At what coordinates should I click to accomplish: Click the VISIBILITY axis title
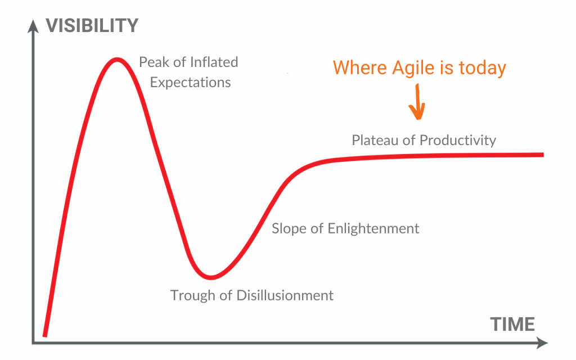click(92, 26)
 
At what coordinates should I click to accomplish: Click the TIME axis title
click(512, 325)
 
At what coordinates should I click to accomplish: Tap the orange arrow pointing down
click(418, 103)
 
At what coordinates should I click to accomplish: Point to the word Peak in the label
click(154, 62)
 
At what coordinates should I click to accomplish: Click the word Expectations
click(190, 83)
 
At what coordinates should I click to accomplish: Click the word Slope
click(288, 229)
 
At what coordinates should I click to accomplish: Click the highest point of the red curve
click(116, 58)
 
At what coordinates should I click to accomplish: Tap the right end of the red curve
click(542, 154)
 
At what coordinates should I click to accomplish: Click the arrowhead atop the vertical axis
click(34, 25)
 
